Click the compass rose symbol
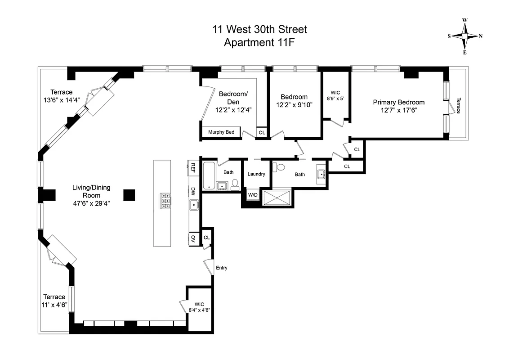point(465,36)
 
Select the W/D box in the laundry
point(253,194)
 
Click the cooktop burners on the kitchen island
point(165,201)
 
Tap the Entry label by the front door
point(221,268)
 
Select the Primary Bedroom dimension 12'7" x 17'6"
point(398,110)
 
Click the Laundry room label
point(256,174)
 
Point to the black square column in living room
point(129,194)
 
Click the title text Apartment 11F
point(259,43)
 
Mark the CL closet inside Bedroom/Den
point(262,132)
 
